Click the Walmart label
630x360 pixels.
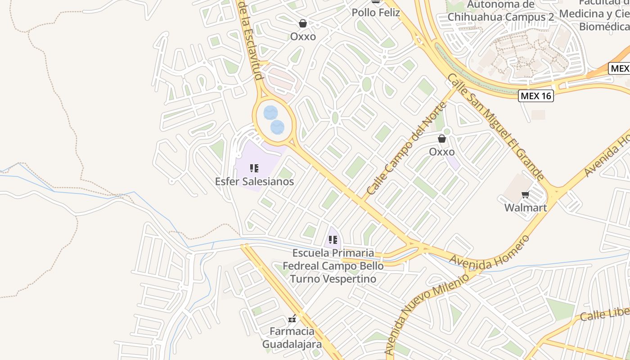[x=525, y=207]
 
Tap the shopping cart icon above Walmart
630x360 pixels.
[x=525, y=195]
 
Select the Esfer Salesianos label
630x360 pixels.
[x=254, y=181]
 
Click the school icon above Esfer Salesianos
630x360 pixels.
[x=254, y=168]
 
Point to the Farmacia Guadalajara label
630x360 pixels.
[x=292, y=338]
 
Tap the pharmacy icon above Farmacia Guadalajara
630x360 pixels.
[x=292, y=319]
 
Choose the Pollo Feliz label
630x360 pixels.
[x=376, y=12]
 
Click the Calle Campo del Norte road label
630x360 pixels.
[x=406, y=148]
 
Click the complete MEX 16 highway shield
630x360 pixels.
[x=535, y=95]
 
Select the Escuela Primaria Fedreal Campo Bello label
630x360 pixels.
[x=333, y=265]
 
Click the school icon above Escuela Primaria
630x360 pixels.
[x=333, y=239]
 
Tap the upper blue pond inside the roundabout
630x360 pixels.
[x=270, y=112]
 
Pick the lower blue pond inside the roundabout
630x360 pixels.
[x=277, y=127]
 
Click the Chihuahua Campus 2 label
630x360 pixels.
[x=501, y=17]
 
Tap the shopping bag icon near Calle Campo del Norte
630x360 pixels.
[x=442, y=139]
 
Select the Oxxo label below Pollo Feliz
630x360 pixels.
[x=303, y=36]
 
